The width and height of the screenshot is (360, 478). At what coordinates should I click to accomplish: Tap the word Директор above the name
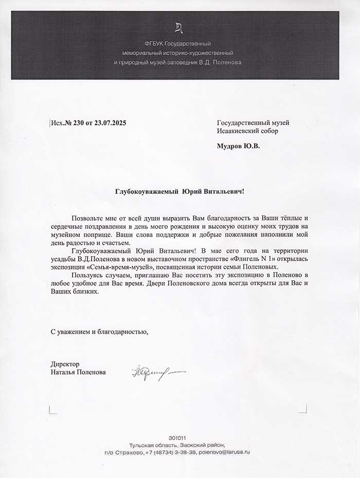tap(65, 364)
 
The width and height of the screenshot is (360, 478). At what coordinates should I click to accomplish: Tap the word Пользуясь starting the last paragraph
tap(88, 275)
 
